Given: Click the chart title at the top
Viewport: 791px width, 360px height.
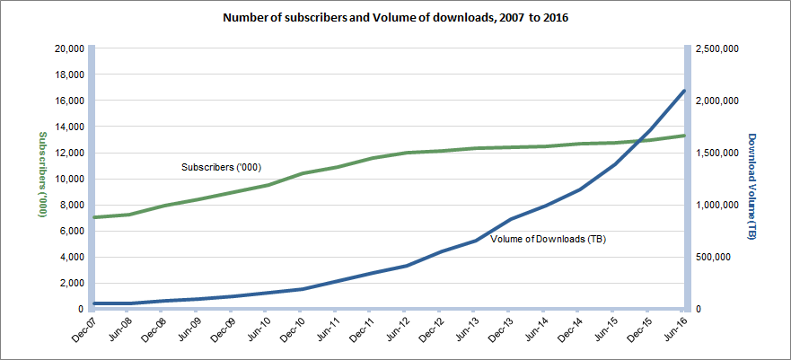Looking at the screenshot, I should [395, 17].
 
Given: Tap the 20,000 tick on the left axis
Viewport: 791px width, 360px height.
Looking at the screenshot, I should [69, 48].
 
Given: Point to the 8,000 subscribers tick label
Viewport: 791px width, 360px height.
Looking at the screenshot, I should [72, 205].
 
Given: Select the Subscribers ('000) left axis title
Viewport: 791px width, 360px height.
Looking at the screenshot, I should [41, 174].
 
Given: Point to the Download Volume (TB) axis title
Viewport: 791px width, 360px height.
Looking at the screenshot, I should [752, 186].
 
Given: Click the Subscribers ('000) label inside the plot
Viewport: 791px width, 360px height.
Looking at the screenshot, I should [216, 167].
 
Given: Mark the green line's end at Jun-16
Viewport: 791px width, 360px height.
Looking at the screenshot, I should [684, 136].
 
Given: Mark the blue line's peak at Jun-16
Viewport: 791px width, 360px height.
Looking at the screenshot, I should [684, 91].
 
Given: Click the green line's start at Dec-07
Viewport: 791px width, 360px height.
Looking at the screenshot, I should [95, 217].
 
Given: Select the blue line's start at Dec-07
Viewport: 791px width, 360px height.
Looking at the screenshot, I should [95, 303].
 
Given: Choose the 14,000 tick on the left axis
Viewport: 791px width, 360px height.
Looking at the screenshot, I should [69, 127].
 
